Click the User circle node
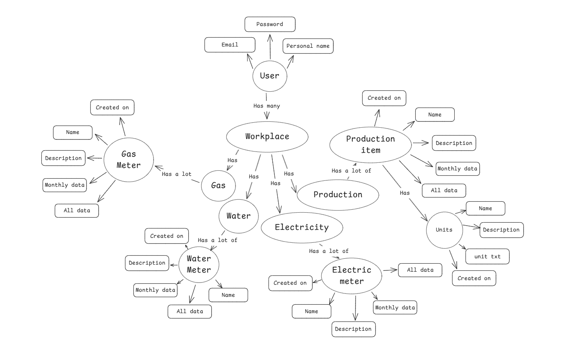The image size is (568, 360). click(x=270, y=76)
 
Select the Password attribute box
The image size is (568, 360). click(x=270, y=24)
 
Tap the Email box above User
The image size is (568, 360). click(x=230, y=45)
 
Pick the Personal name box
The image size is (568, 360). click(x=308, y=46)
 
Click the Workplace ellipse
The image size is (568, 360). click(x=267, y=136)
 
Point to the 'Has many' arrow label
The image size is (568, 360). click(x=267, y=106)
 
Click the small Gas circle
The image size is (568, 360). click(x=218, y=185)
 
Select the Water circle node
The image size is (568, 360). click(x=238, y=216)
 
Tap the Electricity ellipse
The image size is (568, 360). click(x=302, y=227)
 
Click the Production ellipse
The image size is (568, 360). click(x=338, y=195)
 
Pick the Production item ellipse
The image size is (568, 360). click(x=370, y=144)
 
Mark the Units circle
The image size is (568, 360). click(x=444, y=229)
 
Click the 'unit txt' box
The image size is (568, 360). click(x=488, y=257)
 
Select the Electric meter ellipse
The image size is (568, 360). click(x=352, y=275)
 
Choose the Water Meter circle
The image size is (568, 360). click(x=199, y=264)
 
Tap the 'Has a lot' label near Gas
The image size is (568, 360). click(x=177, y=174)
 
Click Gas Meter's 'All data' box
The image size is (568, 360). click(x=77, y=211)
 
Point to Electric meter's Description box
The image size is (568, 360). click(x=353, y=329)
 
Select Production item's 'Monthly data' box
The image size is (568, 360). click(x=457, y=169)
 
